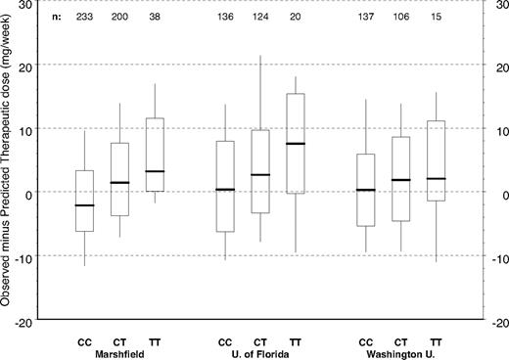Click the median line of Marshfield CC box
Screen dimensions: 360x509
(x=85, y=205)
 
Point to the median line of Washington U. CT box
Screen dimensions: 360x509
(x=400, y=180)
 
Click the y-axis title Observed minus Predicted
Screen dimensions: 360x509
(x=8, y=166)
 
